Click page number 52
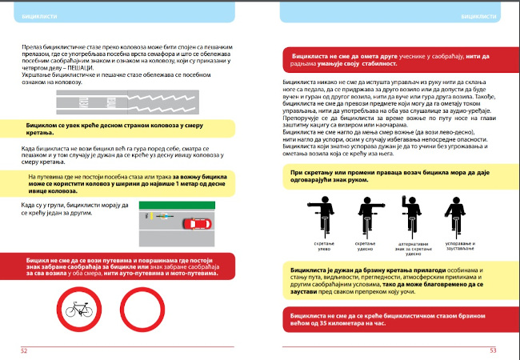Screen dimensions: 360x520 coord(24,350)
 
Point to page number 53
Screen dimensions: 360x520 coord(493,350)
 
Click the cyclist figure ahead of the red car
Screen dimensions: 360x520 coord(163,216)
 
